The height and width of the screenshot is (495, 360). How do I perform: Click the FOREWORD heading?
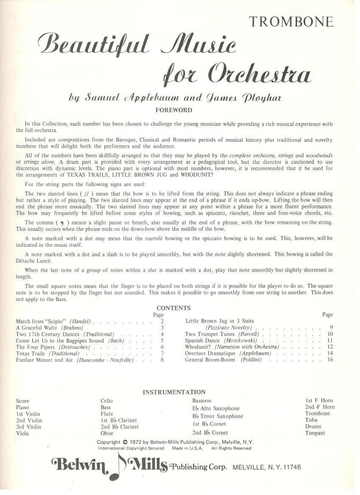(174, 110)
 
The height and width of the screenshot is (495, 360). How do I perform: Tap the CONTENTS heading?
(174, 308)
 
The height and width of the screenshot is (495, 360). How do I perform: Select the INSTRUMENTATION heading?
(174, 392)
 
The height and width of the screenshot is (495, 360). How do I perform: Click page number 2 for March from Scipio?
(162, 321)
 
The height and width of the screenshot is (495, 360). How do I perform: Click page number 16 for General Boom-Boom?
(330, 360)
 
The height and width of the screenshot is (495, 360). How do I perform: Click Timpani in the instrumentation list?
(315, 433)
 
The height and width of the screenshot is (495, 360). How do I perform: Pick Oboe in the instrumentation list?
(107, 433)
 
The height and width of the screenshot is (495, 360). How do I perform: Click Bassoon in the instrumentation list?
(202, 401)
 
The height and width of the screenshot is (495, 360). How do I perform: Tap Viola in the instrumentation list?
(22, 433)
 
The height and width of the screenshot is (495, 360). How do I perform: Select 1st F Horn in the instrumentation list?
(319, 400)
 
